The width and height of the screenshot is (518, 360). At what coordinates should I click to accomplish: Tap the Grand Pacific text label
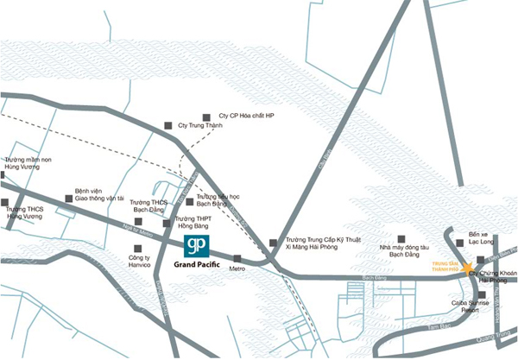click(x=197, y=265)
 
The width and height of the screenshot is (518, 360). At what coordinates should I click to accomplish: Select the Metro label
click(x=239, y=269)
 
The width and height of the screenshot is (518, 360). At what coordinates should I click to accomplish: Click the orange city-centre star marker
click(x=467, y=268)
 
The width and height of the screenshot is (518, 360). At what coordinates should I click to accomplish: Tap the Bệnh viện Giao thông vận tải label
click(x=100, y=194)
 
